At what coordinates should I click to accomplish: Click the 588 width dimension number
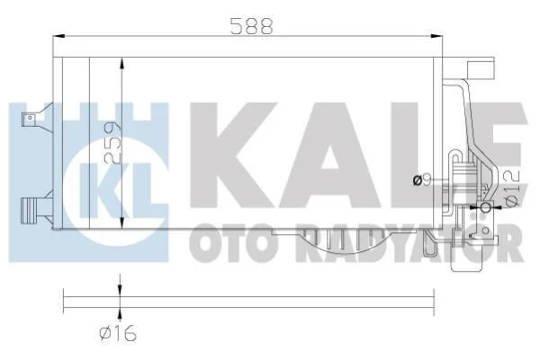pyautogui.click(x=251, y=26)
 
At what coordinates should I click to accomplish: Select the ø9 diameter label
pyautogui.click(x=422, y=180)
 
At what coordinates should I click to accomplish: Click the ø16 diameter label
pyautogui.click(x=118, y=333)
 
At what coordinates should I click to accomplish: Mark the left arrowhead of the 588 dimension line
pyautogui.click(x=59, y=36)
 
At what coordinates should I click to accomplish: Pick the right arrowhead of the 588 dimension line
pyautogui.click(x=436, y=36)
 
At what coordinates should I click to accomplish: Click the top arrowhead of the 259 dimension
pyautogui.click(x=121, y=64)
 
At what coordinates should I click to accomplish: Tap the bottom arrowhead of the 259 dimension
pyautogui.click(x=121, y=222)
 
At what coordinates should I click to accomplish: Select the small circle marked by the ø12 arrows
pyautogui.click(x=485, y=207)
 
